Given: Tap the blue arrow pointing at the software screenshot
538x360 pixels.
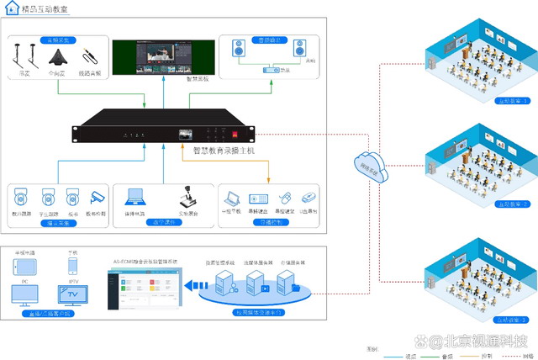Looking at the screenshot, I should pos(188,289).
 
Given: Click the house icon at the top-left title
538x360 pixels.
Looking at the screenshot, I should pos(9,9).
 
